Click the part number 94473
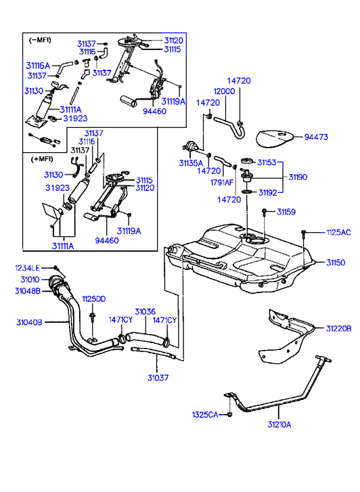point(316,137)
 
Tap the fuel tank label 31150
point(336,263)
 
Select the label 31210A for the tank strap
point(279,424)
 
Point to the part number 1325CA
point(205,415)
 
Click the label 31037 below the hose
point(158,378)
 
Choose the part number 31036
point(145,311)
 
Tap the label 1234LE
point(28,268)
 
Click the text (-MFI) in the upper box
point(40,40)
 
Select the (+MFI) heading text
point(42,159)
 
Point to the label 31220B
point(338,328)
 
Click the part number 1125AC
point(338,233)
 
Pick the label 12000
point(224,91)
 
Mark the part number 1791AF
point(222,182)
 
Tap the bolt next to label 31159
point(265,212)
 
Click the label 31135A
point(191,163)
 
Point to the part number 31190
point(298,177)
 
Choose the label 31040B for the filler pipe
point(29,322)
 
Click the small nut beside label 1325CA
point(229,414)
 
